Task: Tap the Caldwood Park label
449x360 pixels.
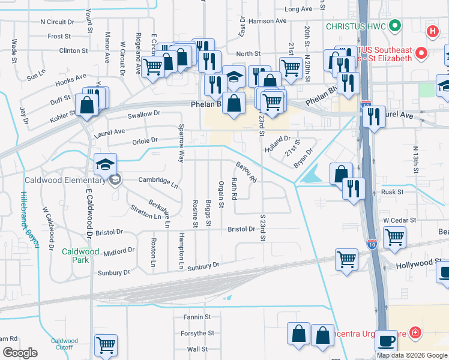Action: tap(76, 256)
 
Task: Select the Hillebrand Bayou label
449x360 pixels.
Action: tap(28, 220)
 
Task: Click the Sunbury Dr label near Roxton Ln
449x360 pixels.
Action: tap(113, 272)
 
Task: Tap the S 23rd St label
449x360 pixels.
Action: tap(262, 227)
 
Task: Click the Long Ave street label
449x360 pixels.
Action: tap(298, 9)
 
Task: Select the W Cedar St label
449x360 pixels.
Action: tap(400, 221)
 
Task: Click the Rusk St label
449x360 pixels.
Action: tap(393, 192)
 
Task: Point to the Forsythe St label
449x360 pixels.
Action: tap(197, 333)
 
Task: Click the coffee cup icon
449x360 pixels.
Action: tap(387, 341)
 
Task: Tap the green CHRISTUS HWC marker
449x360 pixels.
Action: tap(394, 26)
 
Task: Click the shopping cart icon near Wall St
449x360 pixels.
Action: tap(106, 345)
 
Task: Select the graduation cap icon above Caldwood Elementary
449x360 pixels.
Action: tap(105, 164)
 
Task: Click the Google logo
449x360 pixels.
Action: tap(20, 353)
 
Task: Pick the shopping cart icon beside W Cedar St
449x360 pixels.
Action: tap(394, 236)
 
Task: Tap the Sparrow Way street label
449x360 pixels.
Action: tap(181, 144)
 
